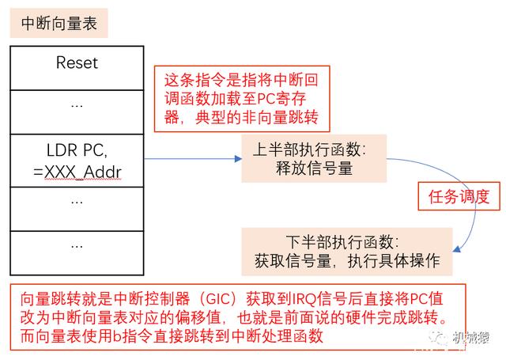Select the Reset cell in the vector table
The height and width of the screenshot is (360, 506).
[x=77, y=63]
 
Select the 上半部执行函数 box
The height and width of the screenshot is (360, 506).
[x=309, y=158]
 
